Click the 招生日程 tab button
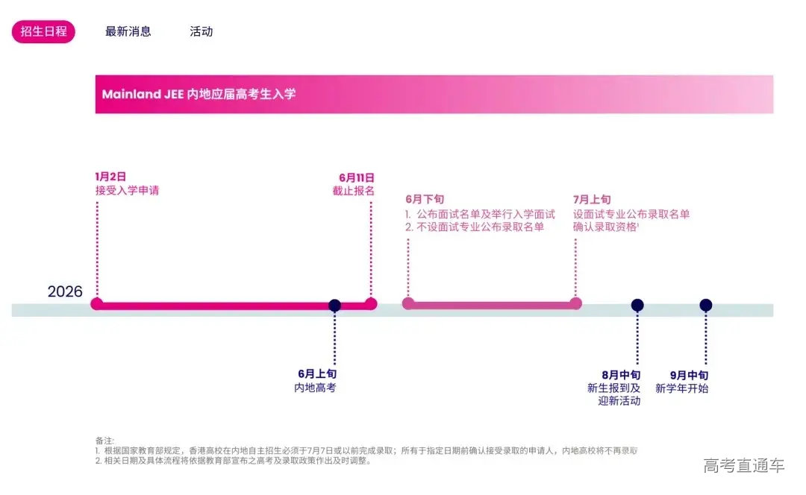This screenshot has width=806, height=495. [x=43, y=31]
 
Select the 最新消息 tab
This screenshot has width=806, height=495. [x=128, y=31]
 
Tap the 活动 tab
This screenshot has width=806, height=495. [x=201, y=31]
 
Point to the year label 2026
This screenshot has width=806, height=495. [x=65, y=291]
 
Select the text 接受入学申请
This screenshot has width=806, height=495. [x=127, y=190]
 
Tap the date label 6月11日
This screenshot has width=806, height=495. [x=357, y=177]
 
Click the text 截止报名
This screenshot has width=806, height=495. [x=354, y=190]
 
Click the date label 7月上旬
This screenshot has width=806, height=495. [x=592, y=200]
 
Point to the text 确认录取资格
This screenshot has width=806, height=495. [x=604, y=227]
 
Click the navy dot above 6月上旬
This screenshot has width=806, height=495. [x=334, y=305]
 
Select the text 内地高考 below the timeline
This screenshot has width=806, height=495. [x=315, y=388]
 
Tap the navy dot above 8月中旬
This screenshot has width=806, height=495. [x=637, y=305]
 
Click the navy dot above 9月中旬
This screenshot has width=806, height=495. [x=706, y=305]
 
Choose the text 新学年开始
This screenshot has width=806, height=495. [x=681, y=388]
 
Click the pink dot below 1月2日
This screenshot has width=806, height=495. [x=96, y=303]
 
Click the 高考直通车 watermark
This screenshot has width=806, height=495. [x=744, y=466]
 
